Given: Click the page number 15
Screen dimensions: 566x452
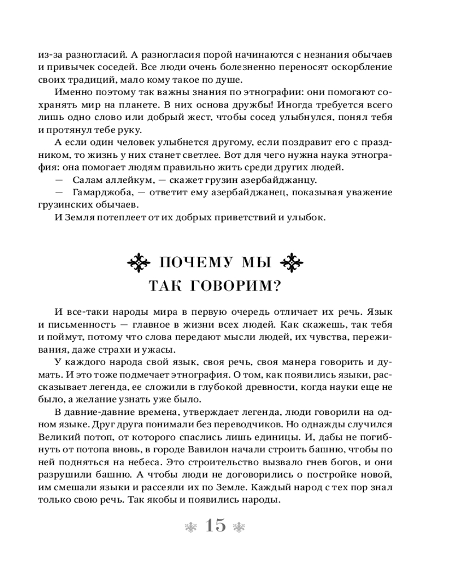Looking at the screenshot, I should [215, 526].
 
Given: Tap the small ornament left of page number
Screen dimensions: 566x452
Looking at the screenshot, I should [192, 526].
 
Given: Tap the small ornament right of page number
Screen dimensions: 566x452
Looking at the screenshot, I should [238, 526].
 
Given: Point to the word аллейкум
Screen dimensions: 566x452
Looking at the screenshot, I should [128, 181].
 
